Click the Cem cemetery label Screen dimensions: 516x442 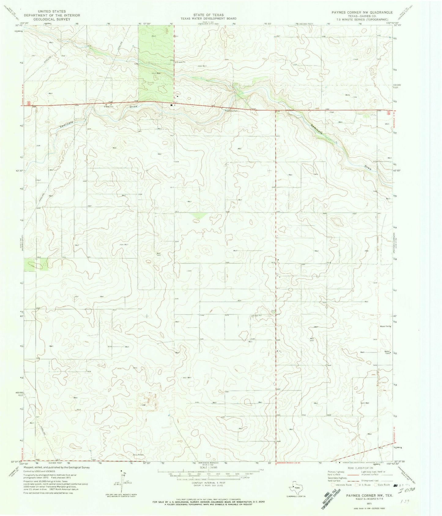tap(332, 112)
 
